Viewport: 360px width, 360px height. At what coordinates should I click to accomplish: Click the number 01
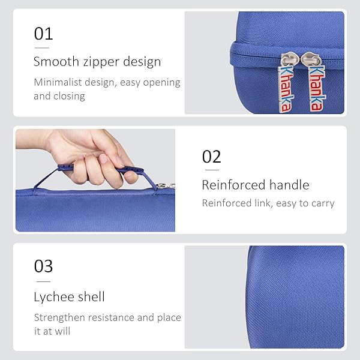(x=43, y=34)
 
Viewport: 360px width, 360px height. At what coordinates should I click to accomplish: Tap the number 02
(x=211, y=157)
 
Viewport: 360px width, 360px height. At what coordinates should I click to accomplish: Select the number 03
(x=43, y=266)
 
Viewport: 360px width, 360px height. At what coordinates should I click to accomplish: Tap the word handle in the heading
(x=289, y=185)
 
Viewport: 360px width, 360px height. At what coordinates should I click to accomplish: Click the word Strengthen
(x=59, y=317)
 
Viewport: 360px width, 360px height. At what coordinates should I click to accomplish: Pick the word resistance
(x=111, y=318)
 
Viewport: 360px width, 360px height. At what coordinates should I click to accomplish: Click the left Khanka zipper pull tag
(x=286, y=88)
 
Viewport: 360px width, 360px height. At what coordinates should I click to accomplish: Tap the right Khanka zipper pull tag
(x=316, y=88)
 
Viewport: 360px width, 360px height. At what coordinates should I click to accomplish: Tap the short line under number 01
(x=42, y=48)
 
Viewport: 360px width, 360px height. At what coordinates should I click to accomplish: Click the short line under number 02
(x=212, y=170)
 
